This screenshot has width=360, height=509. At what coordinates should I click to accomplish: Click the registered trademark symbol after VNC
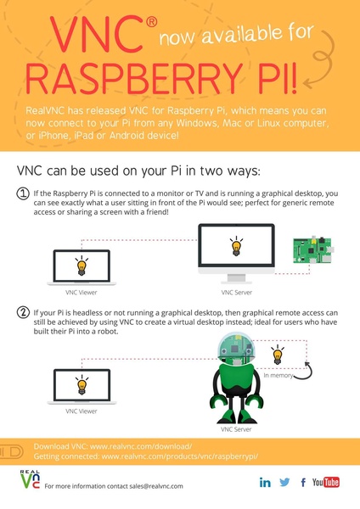click(151, 22)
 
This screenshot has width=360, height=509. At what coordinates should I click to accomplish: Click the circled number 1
click(23, 193)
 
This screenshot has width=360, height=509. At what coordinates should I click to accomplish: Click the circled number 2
click(23, 313)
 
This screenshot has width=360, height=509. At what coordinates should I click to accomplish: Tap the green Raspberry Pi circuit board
click(312, 249)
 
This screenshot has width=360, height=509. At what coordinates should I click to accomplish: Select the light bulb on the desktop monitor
click(237, 246)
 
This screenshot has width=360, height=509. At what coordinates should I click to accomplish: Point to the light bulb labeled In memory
click(278, 355)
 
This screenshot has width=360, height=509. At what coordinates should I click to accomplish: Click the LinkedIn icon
click(265, 483)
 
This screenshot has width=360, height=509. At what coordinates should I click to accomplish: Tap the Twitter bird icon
click(284, 482)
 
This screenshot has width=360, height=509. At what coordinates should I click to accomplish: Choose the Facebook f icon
click(303, 483)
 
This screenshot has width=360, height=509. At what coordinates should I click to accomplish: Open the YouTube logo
click(326, 482)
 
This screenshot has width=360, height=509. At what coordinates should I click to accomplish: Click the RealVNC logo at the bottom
click(30, 479)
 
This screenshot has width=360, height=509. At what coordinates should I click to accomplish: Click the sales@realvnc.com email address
click(156, 486)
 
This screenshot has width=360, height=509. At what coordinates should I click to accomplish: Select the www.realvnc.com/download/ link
click(141, 446)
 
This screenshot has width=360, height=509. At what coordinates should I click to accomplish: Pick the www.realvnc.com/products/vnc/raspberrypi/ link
click(180, 456)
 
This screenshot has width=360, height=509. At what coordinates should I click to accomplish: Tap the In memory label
click(278, 376)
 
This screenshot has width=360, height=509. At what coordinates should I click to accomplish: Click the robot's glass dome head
click(236, 348)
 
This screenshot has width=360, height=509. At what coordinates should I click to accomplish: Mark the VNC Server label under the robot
click(236, 429)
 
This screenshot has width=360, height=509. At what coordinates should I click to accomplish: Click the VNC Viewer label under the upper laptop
click(82, 293)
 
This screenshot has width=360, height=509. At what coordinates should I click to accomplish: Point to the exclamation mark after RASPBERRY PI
click(293, 79)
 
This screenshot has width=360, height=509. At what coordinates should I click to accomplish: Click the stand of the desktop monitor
click(237, 278)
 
